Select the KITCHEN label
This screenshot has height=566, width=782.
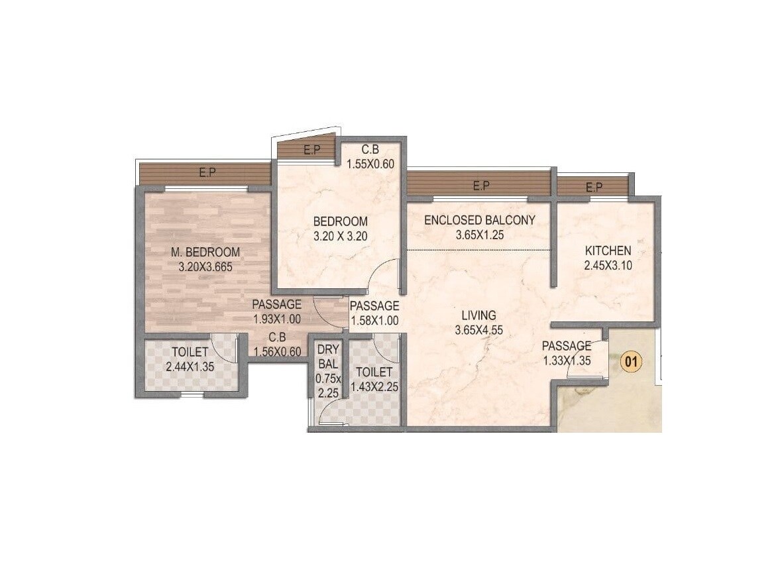coord(608,251)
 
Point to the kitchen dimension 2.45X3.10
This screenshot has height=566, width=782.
coord(608,266)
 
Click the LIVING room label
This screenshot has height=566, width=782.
coord(479,315)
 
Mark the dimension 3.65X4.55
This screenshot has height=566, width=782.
coord(479,329)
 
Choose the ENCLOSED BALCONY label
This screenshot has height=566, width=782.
coord(479,220)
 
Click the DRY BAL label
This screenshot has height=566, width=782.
coord(328,357)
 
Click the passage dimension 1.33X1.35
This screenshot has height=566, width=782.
coord(567,361)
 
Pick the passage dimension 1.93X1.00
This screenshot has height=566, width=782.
coord(276,319)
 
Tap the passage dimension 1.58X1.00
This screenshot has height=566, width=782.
coord(374,321)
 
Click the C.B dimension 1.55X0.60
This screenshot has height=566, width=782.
coord(370,164)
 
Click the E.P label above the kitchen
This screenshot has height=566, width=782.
coord(594,188)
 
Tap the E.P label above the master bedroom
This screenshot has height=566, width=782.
coord(207,173)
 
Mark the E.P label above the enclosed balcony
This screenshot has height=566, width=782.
coord(481,186)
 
